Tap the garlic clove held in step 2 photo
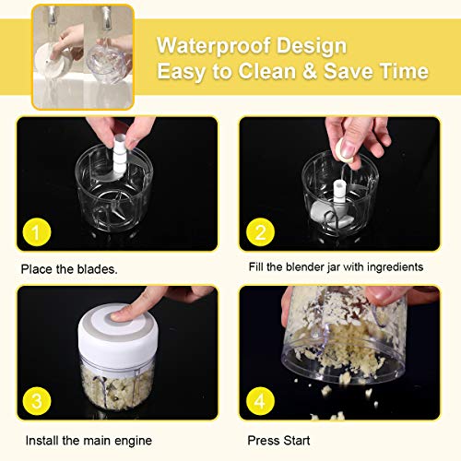(342, 148)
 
